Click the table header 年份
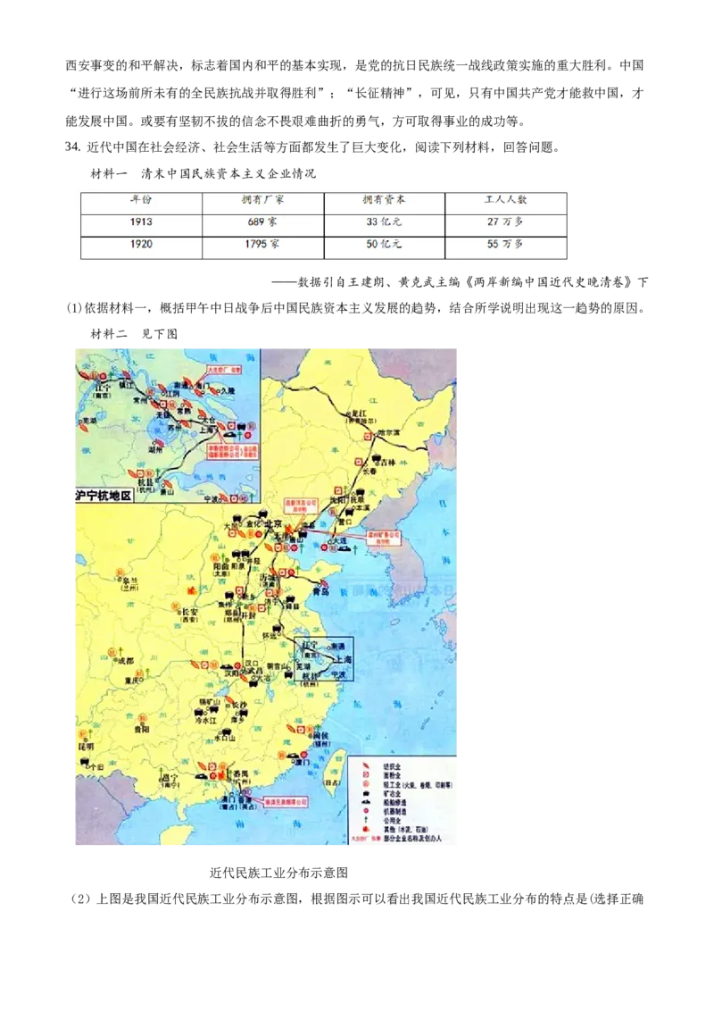[x=141, y=202]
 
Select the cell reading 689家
[x=262, y=222]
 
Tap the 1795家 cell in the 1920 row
[x=262, y=245]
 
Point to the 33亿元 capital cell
[x=384, y=222]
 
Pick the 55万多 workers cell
[x=505, y=245]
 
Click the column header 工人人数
[x=505, y=202]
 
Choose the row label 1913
[x=141, y=222]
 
